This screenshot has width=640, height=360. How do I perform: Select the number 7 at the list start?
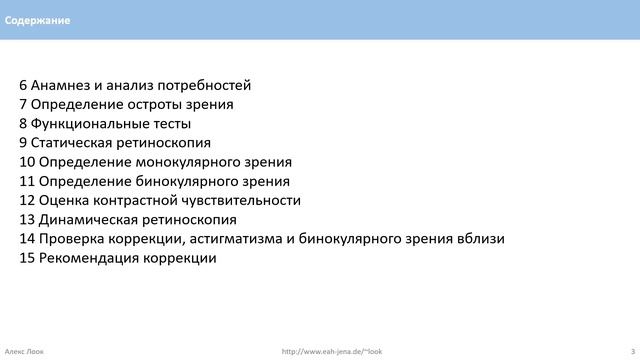tap(23, 104)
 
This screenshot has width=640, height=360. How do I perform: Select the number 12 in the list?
tap(27, 200)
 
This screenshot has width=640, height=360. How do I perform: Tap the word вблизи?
tap(480, 238)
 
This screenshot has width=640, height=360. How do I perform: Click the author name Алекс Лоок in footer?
tap(25, 351)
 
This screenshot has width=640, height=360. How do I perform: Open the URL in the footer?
tap(332, 351)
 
